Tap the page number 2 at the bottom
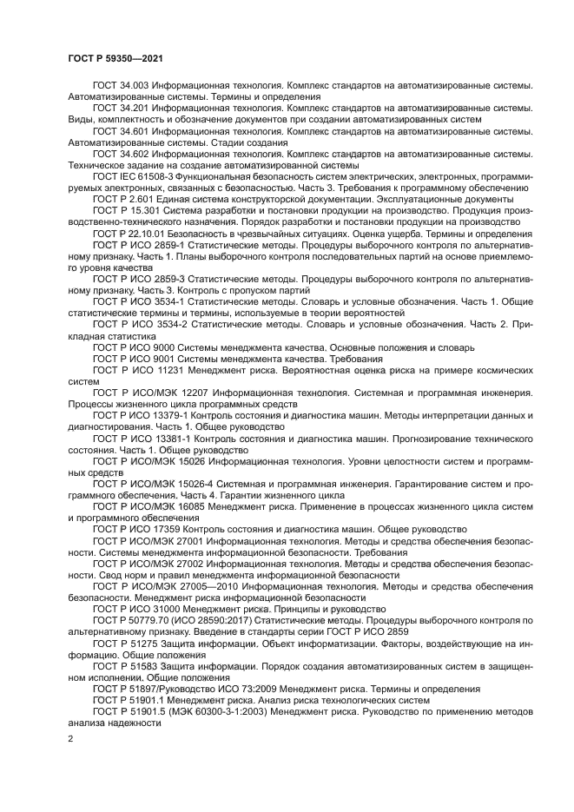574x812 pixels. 70,738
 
